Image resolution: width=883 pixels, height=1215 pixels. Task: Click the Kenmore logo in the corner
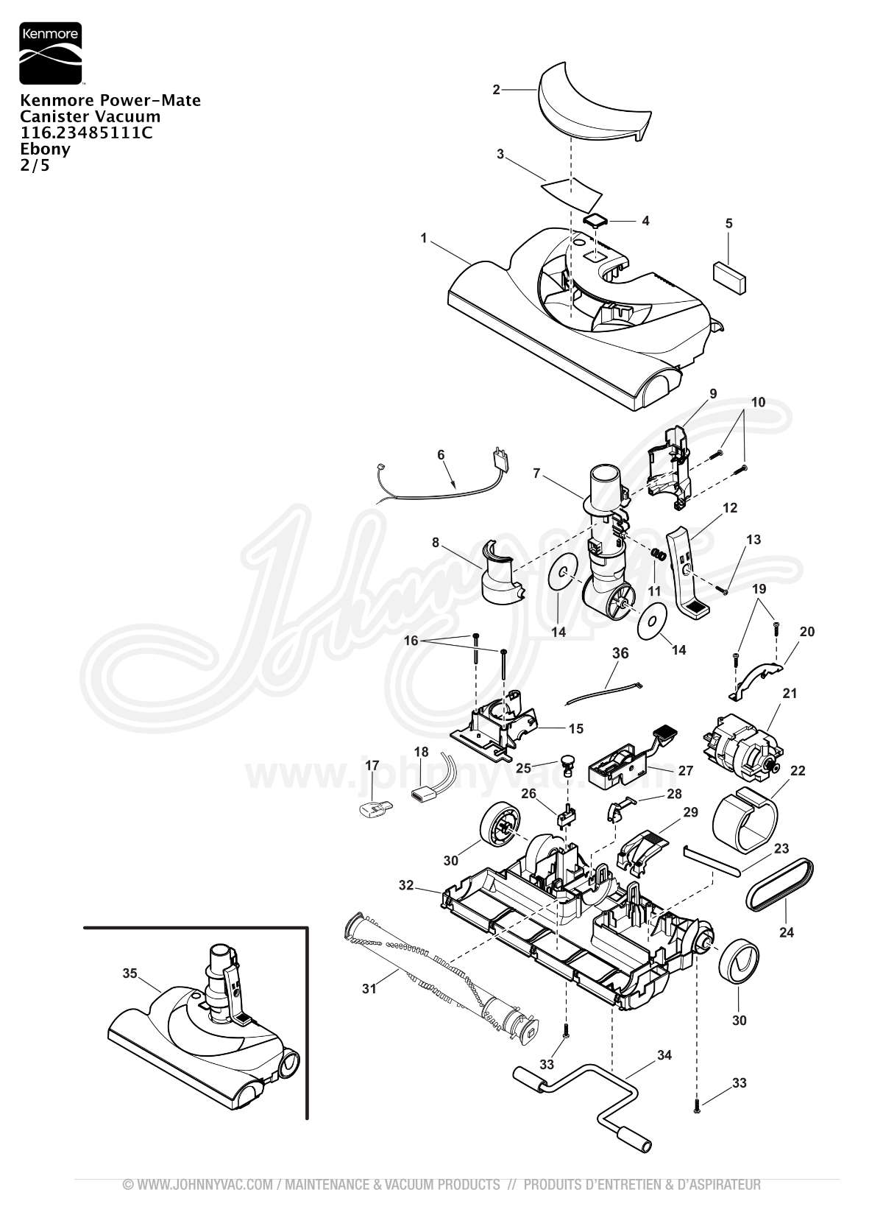(50, 52)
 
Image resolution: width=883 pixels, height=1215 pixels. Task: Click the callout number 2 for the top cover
(496, 90)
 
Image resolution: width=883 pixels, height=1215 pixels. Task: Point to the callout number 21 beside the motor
(790, 693)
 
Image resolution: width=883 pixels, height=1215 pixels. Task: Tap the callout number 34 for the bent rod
(664, 1055)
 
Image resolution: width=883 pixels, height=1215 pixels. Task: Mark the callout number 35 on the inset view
(130, 973)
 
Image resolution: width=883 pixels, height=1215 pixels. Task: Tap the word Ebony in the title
(46, 149)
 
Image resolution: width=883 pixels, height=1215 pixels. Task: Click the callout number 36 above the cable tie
(620, 653)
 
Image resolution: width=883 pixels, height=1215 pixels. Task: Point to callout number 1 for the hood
(424, 238)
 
